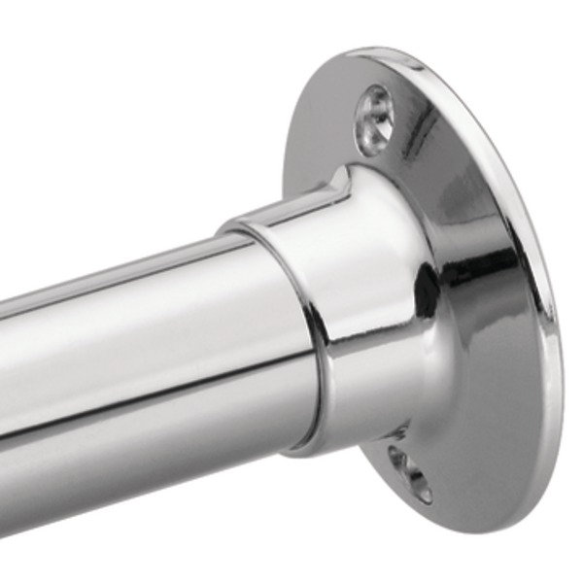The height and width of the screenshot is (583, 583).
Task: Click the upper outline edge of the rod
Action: tap(117, 260)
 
